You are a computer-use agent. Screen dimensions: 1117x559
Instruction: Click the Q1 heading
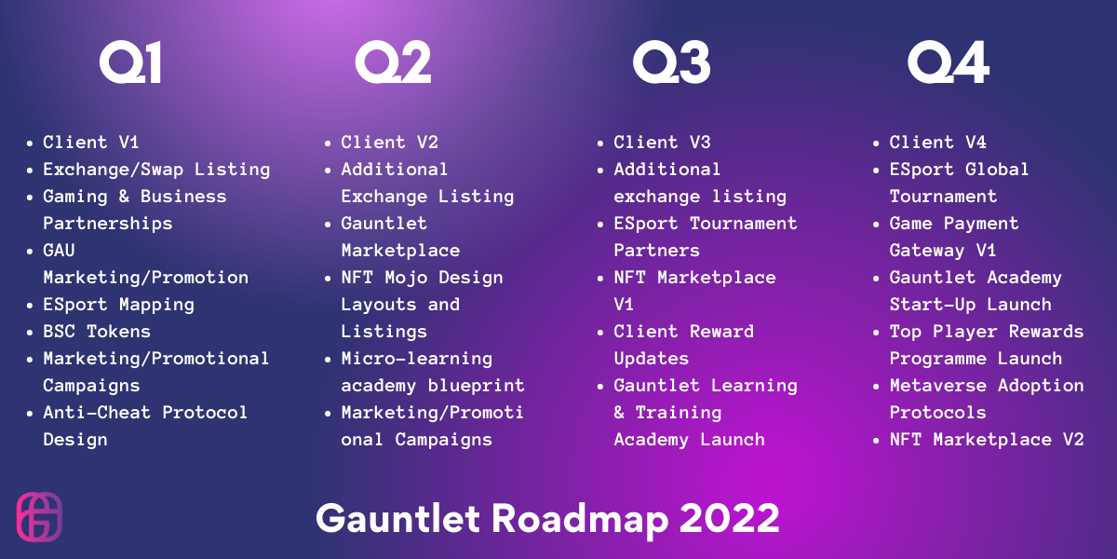(130, 61)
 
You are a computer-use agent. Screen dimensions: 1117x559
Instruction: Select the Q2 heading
(393, 61)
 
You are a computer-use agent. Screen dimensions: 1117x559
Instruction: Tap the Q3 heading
(672, 61)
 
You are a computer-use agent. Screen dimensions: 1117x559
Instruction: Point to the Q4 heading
(949, 61)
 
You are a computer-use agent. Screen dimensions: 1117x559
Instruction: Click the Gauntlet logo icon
(39, 516)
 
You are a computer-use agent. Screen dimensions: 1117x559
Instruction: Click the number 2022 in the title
(730, 519)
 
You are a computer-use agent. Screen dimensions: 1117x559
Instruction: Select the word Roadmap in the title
(580, 521)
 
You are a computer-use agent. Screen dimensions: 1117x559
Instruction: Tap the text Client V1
(91, 143)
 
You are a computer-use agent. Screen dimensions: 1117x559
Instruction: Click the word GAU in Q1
(59, 250)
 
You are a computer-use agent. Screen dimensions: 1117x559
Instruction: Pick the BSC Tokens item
(97, 332)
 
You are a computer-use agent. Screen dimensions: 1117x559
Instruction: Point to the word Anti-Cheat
(97, 412)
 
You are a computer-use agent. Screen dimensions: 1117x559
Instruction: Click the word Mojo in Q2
(406, 278)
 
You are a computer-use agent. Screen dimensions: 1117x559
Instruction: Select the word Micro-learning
(417, 359)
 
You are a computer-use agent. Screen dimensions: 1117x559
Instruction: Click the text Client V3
(662, 143)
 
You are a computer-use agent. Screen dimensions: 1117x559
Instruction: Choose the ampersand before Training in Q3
(619, 412)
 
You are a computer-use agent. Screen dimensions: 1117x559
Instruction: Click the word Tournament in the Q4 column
(944, 197)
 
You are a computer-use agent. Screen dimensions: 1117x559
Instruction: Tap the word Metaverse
(938, 386)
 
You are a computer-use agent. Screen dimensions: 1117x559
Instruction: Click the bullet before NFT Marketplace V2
(876, 440)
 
